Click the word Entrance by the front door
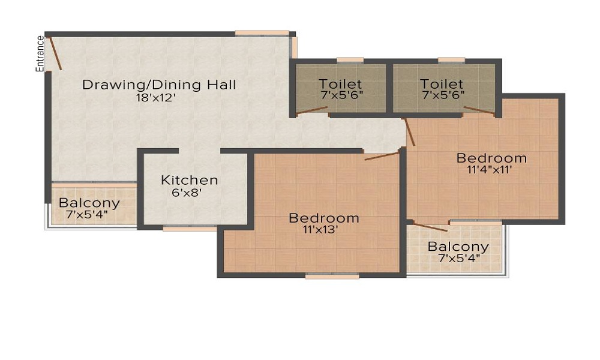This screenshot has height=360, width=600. [40, 53]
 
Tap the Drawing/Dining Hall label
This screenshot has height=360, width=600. [159, 85]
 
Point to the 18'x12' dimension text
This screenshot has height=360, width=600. [155, 98]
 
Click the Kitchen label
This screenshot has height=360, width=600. [190, 180]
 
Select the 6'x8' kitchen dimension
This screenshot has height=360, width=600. [187, 193]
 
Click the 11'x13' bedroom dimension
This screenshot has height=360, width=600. [320, 230]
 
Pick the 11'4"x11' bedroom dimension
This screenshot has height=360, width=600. [490, 170]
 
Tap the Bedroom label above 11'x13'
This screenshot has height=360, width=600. [324, 218]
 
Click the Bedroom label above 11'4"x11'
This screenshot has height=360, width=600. [492, 158]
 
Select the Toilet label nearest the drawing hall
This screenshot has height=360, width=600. [340, 84]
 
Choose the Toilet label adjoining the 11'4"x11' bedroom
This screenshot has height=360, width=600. [442, 84]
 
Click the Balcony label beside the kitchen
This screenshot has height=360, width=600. [89, 203]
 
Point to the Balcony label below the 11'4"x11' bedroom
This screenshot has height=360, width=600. [458, 247]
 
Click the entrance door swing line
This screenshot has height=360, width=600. [55, 53]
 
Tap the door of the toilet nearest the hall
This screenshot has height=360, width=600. [312, 110]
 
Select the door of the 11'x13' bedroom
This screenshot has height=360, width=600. [382, 156]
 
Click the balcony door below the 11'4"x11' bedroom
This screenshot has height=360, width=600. [430, 227]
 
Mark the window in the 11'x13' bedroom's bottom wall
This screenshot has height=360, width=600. [332, 276]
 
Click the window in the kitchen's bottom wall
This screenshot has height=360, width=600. [190, 229]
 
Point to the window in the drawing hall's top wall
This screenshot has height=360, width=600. [262, 33]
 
